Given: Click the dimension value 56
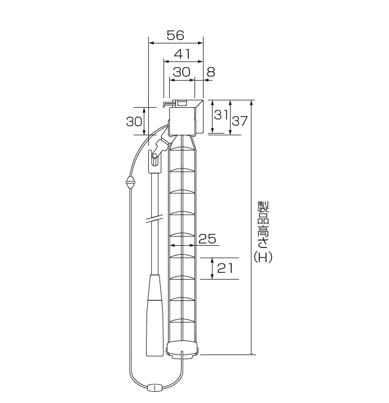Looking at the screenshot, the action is [x=175, y=36].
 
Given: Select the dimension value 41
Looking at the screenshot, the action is [x=182, y=54].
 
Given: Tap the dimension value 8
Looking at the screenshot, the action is [x=211, y=72].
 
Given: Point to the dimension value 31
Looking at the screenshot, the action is [x=221, y=114].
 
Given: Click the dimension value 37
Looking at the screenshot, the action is [x=240, y=121].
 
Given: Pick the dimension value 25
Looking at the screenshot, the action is [x=207, y=239].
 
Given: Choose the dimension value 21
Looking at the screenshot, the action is [x=225, y=268].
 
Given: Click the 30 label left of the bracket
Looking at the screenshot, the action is [x=134, y=121].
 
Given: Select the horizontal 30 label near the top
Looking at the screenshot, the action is [x=182, y=72].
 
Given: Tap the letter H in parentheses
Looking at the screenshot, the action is [x=263, y=257].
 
